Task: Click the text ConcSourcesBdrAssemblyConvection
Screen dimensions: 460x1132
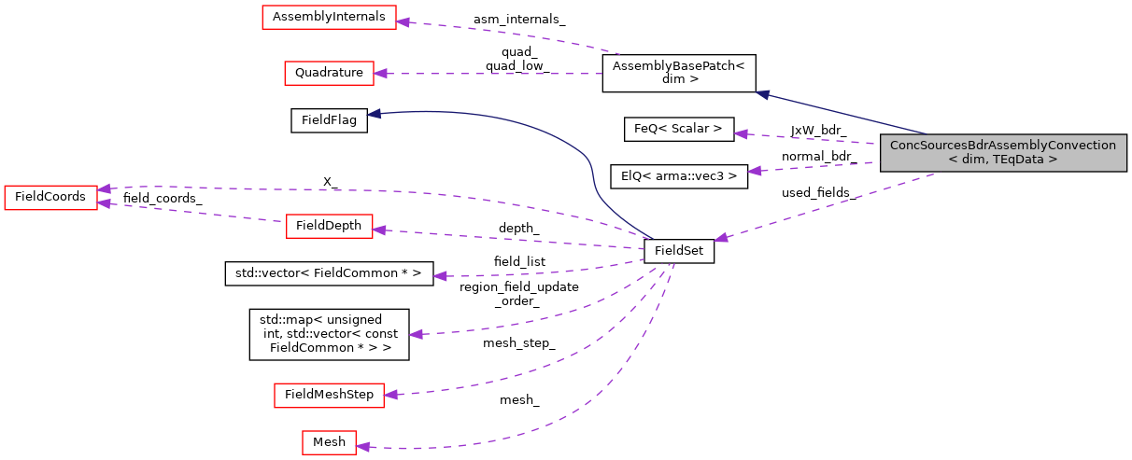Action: tap(1002, 146)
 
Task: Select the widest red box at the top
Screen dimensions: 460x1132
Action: tap(329, 18)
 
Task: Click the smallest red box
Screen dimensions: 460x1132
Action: tap(329, 442)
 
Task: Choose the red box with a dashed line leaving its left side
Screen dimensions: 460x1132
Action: tap(329, 226)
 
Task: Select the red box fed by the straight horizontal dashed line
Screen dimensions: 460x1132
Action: tap(329, 74)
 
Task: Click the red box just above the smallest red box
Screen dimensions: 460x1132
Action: tap(329, 396)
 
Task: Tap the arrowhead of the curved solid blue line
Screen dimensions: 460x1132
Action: tap(374, 114)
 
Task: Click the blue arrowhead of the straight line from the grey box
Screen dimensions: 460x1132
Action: tap(762, 93)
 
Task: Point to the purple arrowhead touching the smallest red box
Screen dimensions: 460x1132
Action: tap(363, 447)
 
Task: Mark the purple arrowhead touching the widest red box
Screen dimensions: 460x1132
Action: tap(403, 21)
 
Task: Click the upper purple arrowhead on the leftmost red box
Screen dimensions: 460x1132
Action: tap(105, 188)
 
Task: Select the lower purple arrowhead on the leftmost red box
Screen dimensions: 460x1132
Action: tap(105, 203)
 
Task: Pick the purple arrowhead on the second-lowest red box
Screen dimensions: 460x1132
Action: tap(390, 395)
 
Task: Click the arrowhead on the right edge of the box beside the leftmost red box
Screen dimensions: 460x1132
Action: tap(379, 230)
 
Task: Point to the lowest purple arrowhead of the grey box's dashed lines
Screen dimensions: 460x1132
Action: tap(721, 238)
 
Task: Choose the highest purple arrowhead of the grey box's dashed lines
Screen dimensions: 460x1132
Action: tap(741, 134)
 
